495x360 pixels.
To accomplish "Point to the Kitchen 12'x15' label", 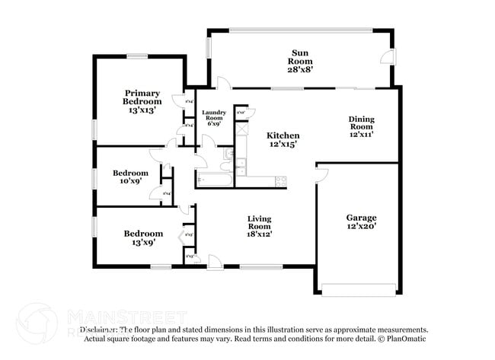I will pos(282,140).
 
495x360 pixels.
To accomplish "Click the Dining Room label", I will pos(361,126).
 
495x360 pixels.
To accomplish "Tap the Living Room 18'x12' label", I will pos(259,227).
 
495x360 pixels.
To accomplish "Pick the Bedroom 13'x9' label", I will pos(143,237).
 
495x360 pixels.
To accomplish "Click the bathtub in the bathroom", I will pos(213,180).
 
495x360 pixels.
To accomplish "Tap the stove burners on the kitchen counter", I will pos(280,181).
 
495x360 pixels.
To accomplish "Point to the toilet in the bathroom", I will pos(228,155).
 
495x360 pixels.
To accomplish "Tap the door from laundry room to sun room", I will pos(219,83).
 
